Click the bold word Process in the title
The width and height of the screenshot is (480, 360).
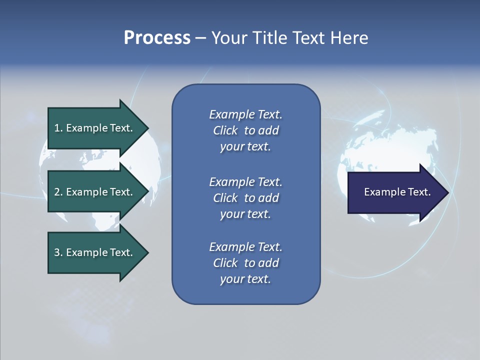point(157,38)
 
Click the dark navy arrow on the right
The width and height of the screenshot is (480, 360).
point(395,192)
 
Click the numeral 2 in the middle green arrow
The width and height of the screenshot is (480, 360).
point(57,192)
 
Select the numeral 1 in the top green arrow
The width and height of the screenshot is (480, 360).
point(57,128)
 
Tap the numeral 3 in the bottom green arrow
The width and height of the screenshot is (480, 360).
point(57,252)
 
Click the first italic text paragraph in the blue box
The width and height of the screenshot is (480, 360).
point(245,130)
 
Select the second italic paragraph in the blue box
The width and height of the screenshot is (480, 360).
point(245,198)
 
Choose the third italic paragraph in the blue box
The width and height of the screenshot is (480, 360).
point(245,263)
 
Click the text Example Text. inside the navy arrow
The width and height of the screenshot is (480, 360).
point(397,192)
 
